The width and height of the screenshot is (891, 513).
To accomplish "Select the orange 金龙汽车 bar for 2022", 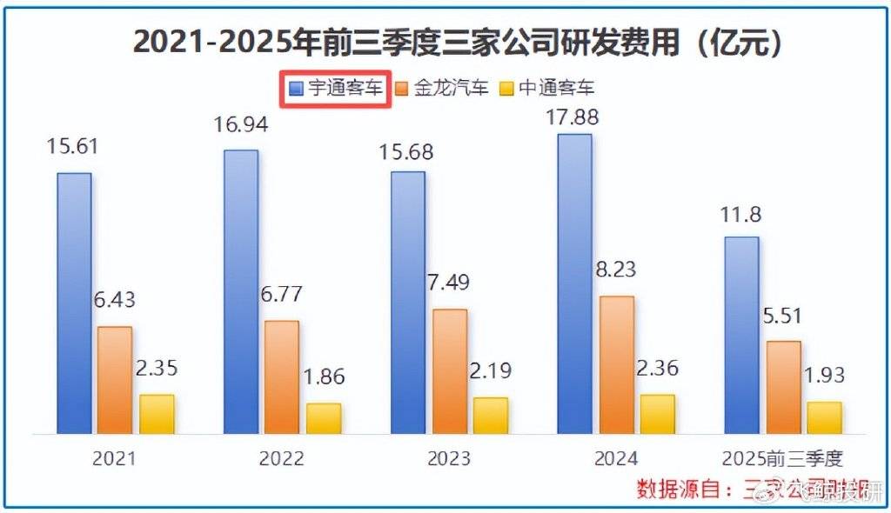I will (282, 376).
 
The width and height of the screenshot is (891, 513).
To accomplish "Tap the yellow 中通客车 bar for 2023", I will (491, 415).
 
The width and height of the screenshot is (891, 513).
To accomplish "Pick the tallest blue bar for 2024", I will (574, 283).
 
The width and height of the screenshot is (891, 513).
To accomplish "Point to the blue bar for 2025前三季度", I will (741, 335).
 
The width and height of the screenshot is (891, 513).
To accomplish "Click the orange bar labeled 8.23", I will (617, 364).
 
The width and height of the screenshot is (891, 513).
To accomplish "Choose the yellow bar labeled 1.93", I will (824, 417).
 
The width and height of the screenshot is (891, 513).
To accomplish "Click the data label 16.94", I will (241, 125).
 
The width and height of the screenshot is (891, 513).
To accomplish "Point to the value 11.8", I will (741, 213).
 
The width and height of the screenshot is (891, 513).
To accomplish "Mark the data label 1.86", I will (324, 377).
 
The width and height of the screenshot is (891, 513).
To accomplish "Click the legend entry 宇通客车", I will (336, 88).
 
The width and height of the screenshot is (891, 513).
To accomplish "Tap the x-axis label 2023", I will (449, 458).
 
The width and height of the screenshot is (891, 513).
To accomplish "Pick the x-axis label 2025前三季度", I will (783, 458).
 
